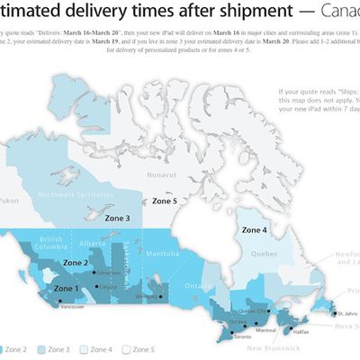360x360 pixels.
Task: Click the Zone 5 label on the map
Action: coord(168,202)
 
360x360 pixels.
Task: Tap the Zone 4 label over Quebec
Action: coord(253,229)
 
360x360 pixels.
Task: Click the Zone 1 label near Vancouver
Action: coord(67,289)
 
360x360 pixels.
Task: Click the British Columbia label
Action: coord(54,243)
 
